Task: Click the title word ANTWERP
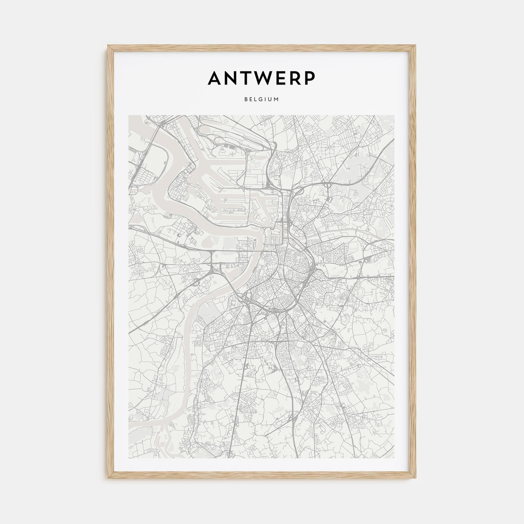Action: tap(262, 78)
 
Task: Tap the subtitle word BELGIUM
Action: tap(262, 100)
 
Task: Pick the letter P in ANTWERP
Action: tap(309, 78)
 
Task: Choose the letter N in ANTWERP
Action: tap(232, 78)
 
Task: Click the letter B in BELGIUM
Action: tap(246, 100)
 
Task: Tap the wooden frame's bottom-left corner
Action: tap(108, 479)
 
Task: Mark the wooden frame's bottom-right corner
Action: tap(415, 479)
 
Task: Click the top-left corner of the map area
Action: tap(128, 115)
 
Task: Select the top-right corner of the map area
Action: tap(395, 115)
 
